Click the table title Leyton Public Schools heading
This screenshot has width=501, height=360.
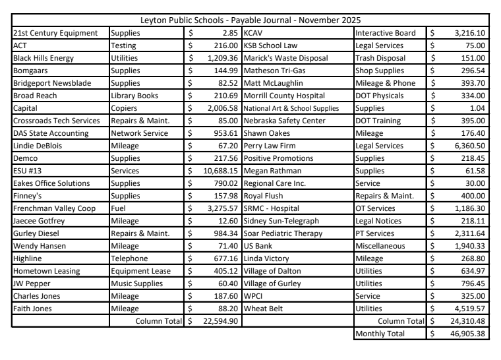tap(254, 20)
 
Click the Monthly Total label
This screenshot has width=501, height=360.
tap(382, 334)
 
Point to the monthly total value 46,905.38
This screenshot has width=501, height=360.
tap(462, 334)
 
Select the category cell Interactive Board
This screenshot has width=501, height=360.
tap(385, 33)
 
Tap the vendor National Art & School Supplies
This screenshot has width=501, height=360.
tap(291, 108)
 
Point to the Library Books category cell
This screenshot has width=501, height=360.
tap(136, 96)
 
